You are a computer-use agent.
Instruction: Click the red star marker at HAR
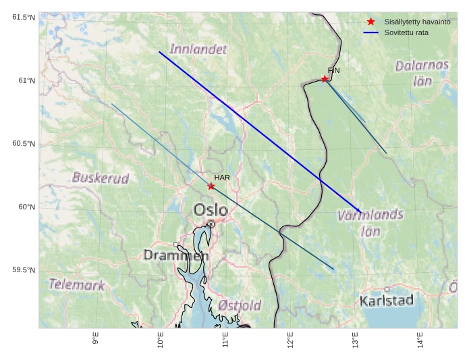(x=211, y=186)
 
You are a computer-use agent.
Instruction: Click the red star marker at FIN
(x=325, y=79)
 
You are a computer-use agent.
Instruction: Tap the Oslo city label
(x=211, y=210)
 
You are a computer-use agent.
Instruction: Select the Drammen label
(x=175, y=255)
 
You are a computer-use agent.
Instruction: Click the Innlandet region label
(x=198, y=49)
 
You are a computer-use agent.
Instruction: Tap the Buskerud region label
(x=101, y=178)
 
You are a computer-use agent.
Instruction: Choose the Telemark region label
(x=77, y=285)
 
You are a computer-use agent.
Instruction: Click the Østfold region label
(x=240, y=306)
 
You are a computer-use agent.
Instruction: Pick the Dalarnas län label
(x=422, y=73)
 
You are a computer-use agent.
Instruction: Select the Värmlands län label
(x=370, y=223)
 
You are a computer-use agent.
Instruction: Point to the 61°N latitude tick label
(x=26, y=81)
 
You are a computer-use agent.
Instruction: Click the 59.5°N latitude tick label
(x=24, y=270)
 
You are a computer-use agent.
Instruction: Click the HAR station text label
(x=222, y=178)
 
